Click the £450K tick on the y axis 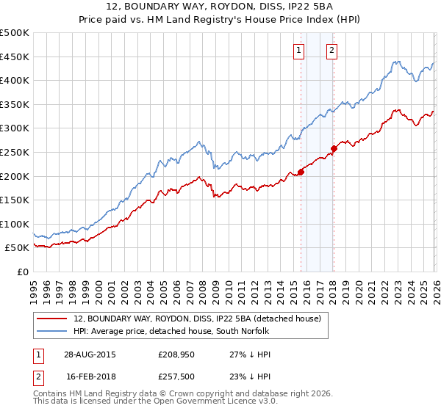[15, 57]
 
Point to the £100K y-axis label [15, 224]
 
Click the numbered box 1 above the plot [300, 51]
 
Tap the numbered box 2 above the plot [332, 51]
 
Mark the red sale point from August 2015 [301, 172]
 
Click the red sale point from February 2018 [333, 149]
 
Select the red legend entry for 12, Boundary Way [197, 319]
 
